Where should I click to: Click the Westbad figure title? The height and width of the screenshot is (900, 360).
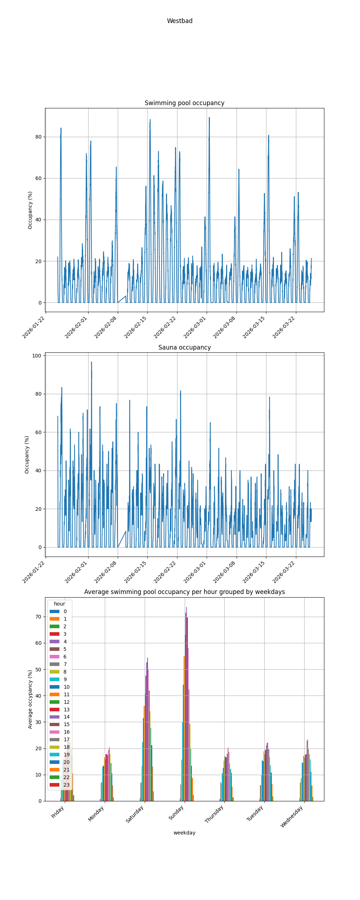pos(180,21)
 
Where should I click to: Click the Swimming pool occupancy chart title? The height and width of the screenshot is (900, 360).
pos(184,103)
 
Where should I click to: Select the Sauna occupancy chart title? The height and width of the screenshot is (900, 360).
pos(184,347)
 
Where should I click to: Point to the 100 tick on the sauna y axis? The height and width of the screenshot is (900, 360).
pos(37,356)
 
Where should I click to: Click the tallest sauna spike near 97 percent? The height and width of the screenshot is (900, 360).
pos(91,362)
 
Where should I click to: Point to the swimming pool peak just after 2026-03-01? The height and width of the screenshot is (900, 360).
pos(209,118)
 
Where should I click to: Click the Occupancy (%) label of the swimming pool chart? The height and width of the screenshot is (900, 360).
pos(30,210)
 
